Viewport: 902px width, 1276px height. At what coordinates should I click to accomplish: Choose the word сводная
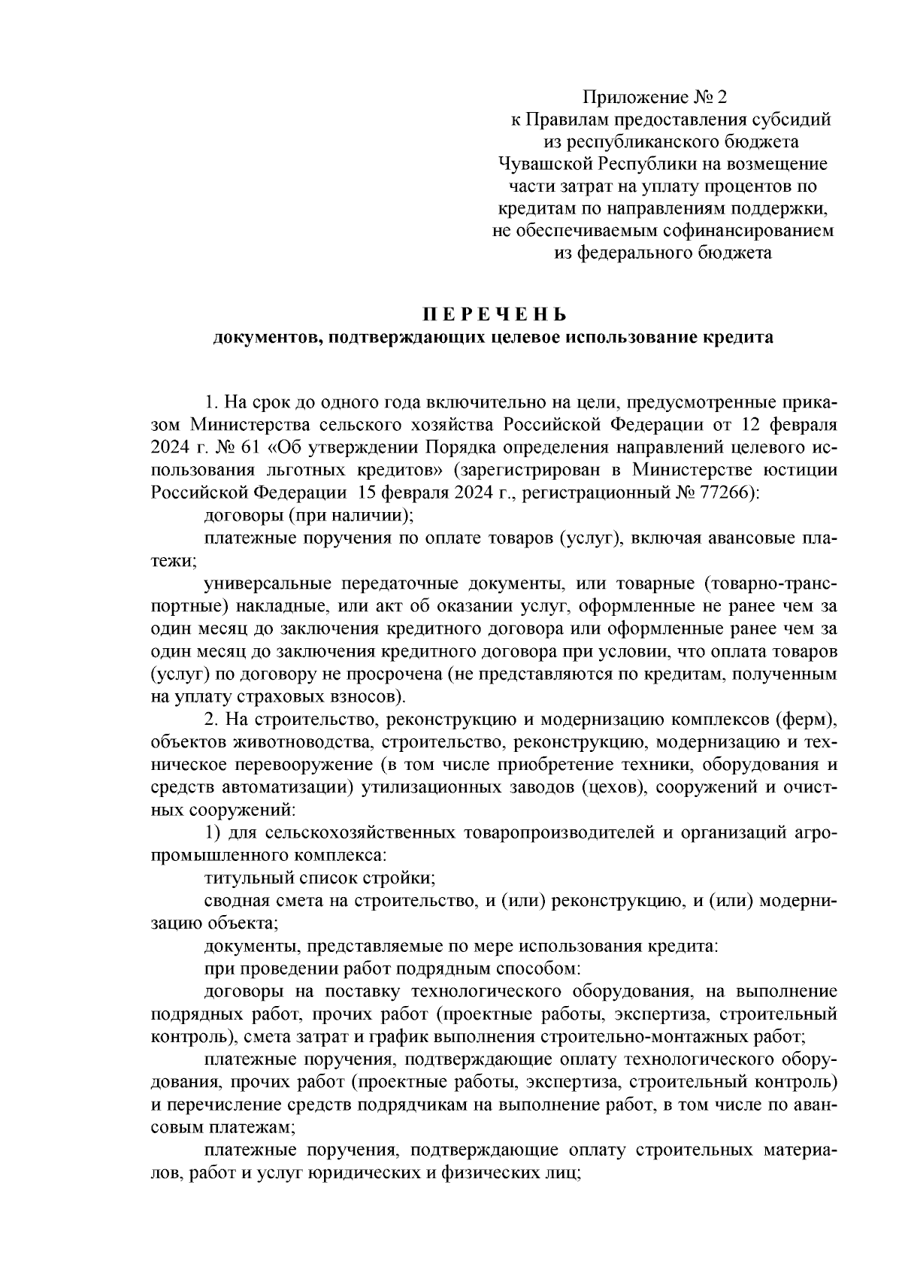click(232, 900)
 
